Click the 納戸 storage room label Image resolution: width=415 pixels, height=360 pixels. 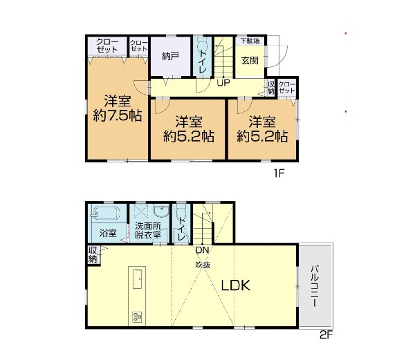point(170,56)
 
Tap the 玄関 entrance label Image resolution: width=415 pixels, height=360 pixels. point(250,61)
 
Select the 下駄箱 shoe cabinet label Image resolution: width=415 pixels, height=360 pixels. point(250,41)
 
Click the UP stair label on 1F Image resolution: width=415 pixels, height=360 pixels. point(223,83)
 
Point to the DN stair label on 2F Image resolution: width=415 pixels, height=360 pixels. point(203,249)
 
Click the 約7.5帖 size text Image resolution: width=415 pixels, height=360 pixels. point(118,115)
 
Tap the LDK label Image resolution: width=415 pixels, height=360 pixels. point(236,285)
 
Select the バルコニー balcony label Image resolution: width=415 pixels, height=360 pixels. point(315,286)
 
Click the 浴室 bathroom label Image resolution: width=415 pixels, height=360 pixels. point(108,233)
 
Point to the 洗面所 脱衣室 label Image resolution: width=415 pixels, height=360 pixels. point(148,231)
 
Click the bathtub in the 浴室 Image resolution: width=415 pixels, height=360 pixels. point(106,213)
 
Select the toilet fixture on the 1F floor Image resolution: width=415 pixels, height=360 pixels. point(203,43)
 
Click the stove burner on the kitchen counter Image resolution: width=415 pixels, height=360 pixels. point(138,317)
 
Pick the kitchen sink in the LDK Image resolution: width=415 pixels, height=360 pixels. point(137,279)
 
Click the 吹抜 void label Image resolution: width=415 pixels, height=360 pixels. point(203,265)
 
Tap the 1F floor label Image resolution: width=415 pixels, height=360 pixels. point(279,173)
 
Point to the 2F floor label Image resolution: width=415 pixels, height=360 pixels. point(326,335)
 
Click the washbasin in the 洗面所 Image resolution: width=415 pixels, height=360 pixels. point(161,211)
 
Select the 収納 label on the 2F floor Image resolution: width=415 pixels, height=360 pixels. point(93,254)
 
